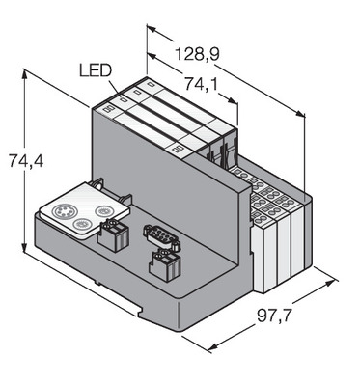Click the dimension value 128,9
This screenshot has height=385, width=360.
point(197,54)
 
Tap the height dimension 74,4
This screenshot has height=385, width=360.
point(26,161)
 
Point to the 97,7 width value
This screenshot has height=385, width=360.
point(274,316)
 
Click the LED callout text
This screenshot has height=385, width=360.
point(96,70)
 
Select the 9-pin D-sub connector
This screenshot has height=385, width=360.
point(161,236)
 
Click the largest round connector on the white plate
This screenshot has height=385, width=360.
point(60,211)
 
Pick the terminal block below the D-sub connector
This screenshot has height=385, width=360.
point(165,265)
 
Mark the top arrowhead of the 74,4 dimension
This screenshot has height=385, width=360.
point(25,74)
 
